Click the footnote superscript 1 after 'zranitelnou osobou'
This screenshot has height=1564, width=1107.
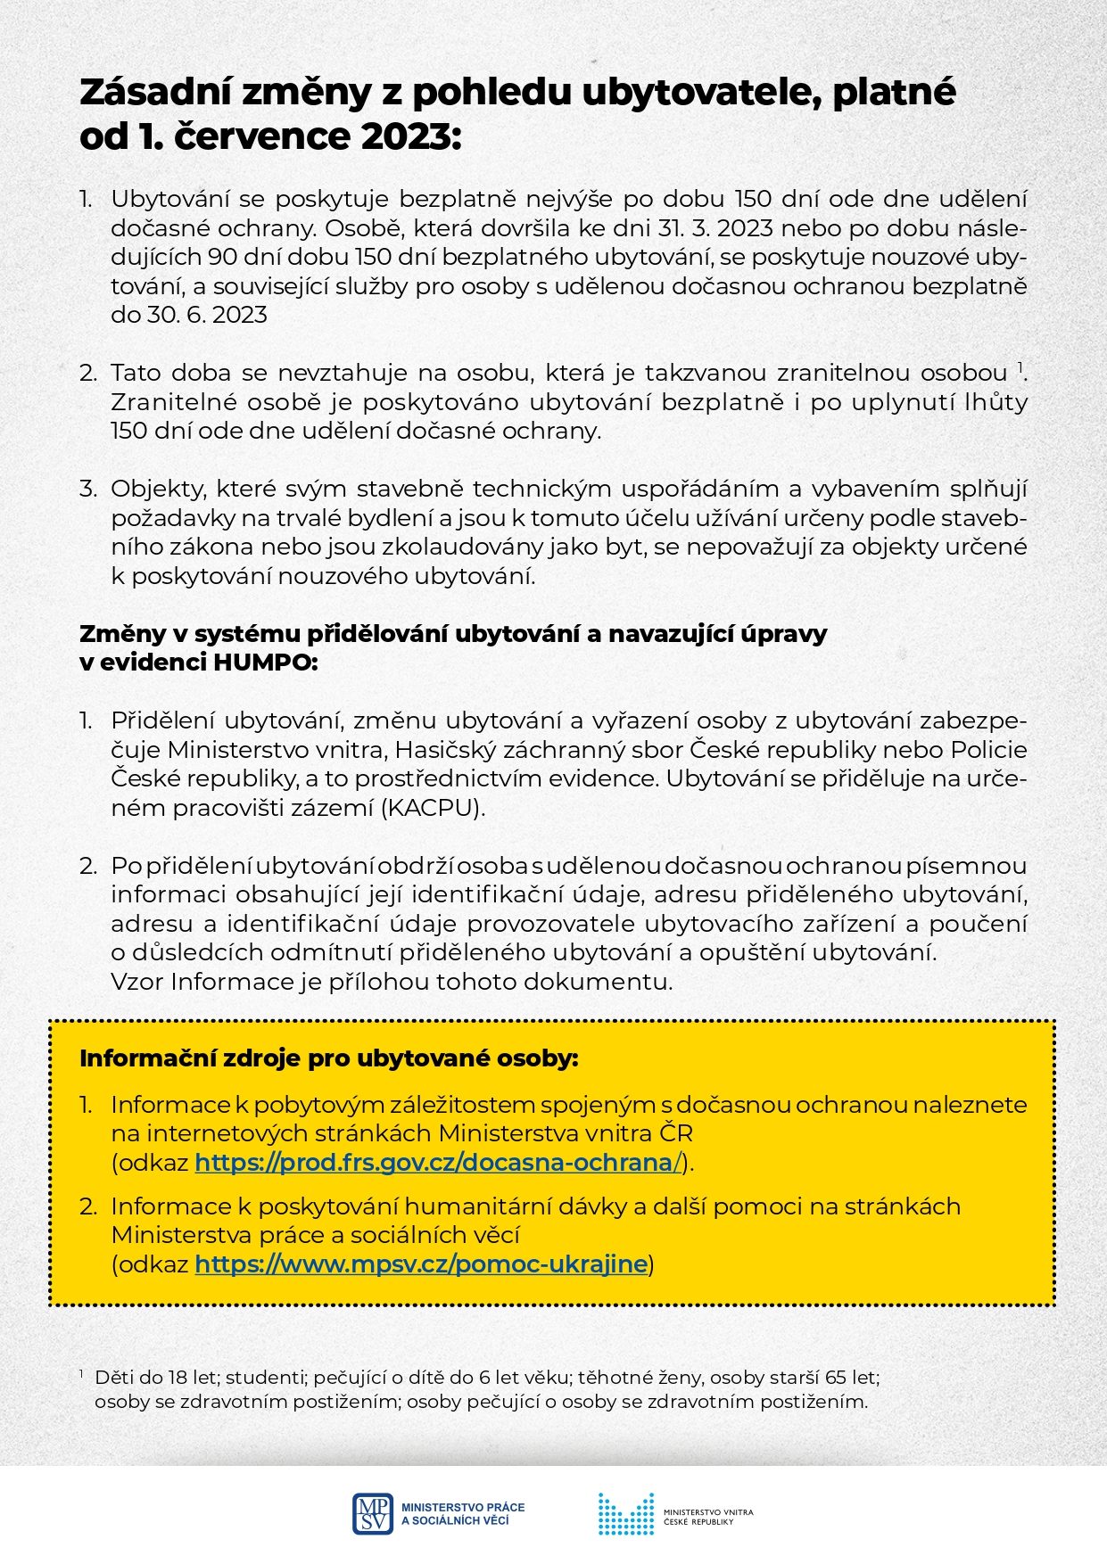click(x=1019, y=366)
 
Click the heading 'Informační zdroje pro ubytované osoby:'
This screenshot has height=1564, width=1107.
click(x=328, y=1058)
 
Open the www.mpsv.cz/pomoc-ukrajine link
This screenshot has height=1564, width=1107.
click(x=420, y=1264)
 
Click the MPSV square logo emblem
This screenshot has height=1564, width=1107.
click(x=373, y=1514)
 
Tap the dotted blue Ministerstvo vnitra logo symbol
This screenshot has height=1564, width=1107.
click(x=625, y=1514)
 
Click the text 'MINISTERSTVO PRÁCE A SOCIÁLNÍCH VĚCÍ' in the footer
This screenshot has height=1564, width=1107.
click(x=462, y=1514)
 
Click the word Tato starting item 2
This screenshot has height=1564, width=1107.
click(x=136, y=373)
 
